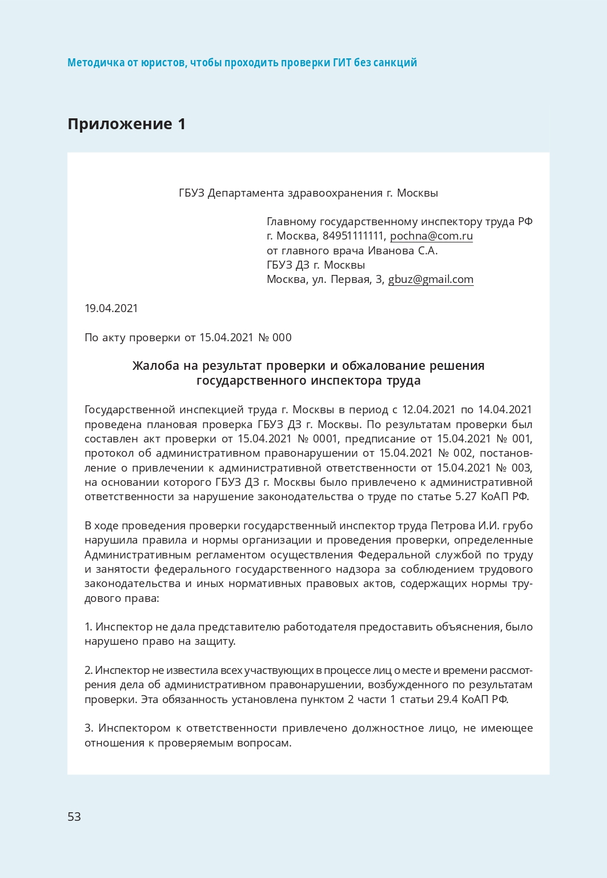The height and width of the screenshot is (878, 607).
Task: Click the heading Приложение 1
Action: point(126,124)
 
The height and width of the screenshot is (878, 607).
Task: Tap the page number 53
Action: point(74,816)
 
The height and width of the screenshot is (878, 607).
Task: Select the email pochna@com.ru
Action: point(431,236)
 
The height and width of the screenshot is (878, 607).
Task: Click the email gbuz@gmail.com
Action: point(431,280)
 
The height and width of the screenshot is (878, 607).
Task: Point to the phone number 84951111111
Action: point(353,236)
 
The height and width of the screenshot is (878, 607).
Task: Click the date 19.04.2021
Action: point(111,309)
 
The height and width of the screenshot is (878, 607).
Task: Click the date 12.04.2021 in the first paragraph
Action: point(428,410)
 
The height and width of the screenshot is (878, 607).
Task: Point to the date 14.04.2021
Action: point(505,410)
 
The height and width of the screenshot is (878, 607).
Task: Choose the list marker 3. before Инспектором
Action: point(89,728)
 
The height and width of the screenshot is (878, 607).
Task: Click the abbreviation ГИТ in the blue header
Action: point(342,63)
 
